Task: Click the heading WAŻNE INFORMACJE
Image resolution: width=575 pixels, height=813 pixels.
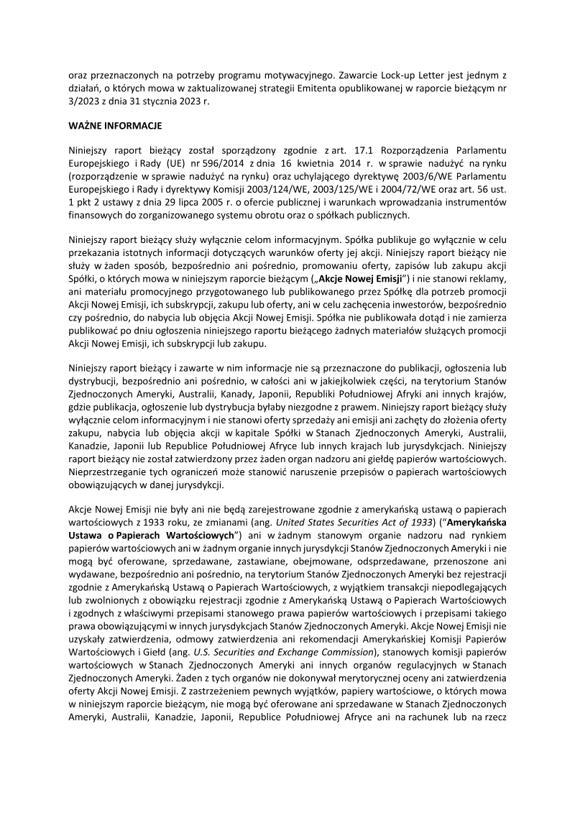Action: click(116, 125)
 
